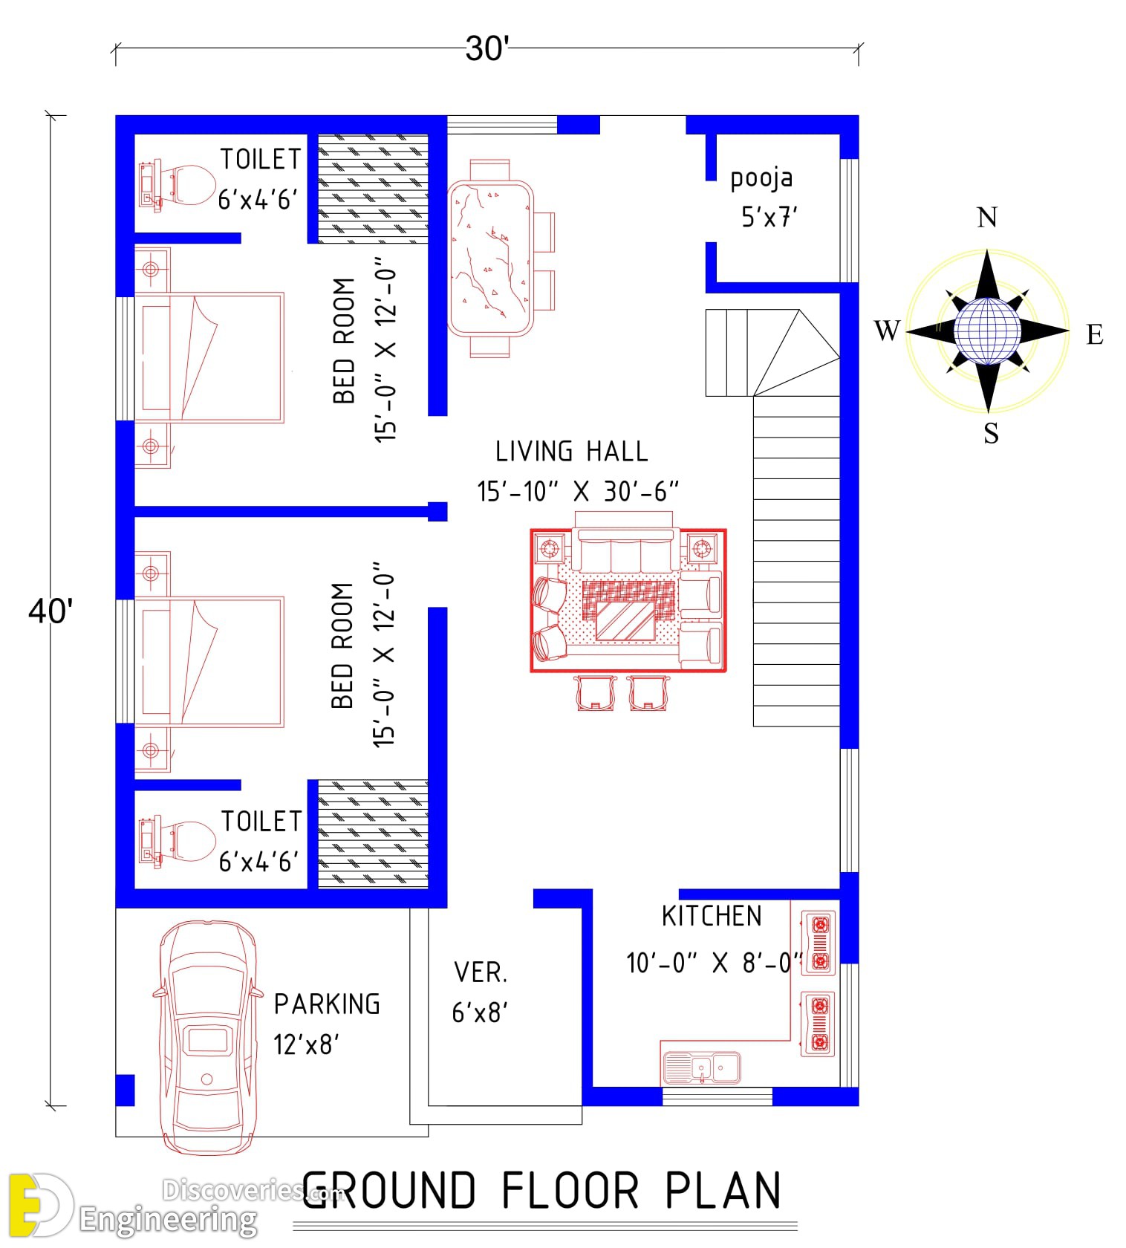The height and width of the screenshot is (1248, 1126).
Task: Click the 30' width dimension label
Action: point(487,49)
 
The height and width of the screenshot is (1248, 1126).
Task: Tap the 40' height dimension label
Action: point(51,611)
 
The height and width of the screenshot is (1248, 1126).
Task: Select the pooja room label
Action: point(761,179)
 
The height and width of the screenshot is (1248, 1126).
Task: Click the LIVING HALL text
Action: point(571,452)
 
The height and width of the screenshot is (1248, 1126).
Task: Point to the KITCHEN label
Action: point(712,916)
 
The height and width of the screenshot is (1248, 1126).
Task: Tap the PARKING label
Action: point(327,1004)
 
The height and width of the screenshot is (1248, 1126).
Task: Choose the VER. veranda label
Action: point(481,972)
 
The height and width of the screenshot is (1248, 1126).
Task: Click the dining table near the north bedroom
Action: point(491,259)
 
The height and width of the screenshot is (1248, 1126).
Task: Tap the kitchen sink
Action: point(700,1068)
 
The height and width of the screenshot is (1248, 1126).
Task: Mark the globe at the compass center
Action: point(987,331)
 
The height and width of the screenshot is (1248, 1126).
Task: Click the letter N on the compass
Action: point(987,218)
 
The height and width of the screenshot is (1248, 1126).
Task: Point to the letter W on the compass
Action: point(888,330)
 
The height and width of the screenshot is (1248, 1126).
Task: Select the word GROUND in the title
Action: point(388,1191)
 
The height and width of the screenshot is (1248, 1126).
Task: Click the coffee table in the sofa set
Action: point(626,621)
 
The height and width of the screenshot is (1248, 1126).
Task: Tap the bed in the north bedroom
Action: point(209,357)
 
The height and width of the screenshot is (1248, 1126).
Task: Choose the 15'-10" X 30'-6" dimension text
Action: point(578,492)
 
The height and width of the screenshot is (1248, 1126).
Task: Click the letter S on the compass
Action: point(992,433)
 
